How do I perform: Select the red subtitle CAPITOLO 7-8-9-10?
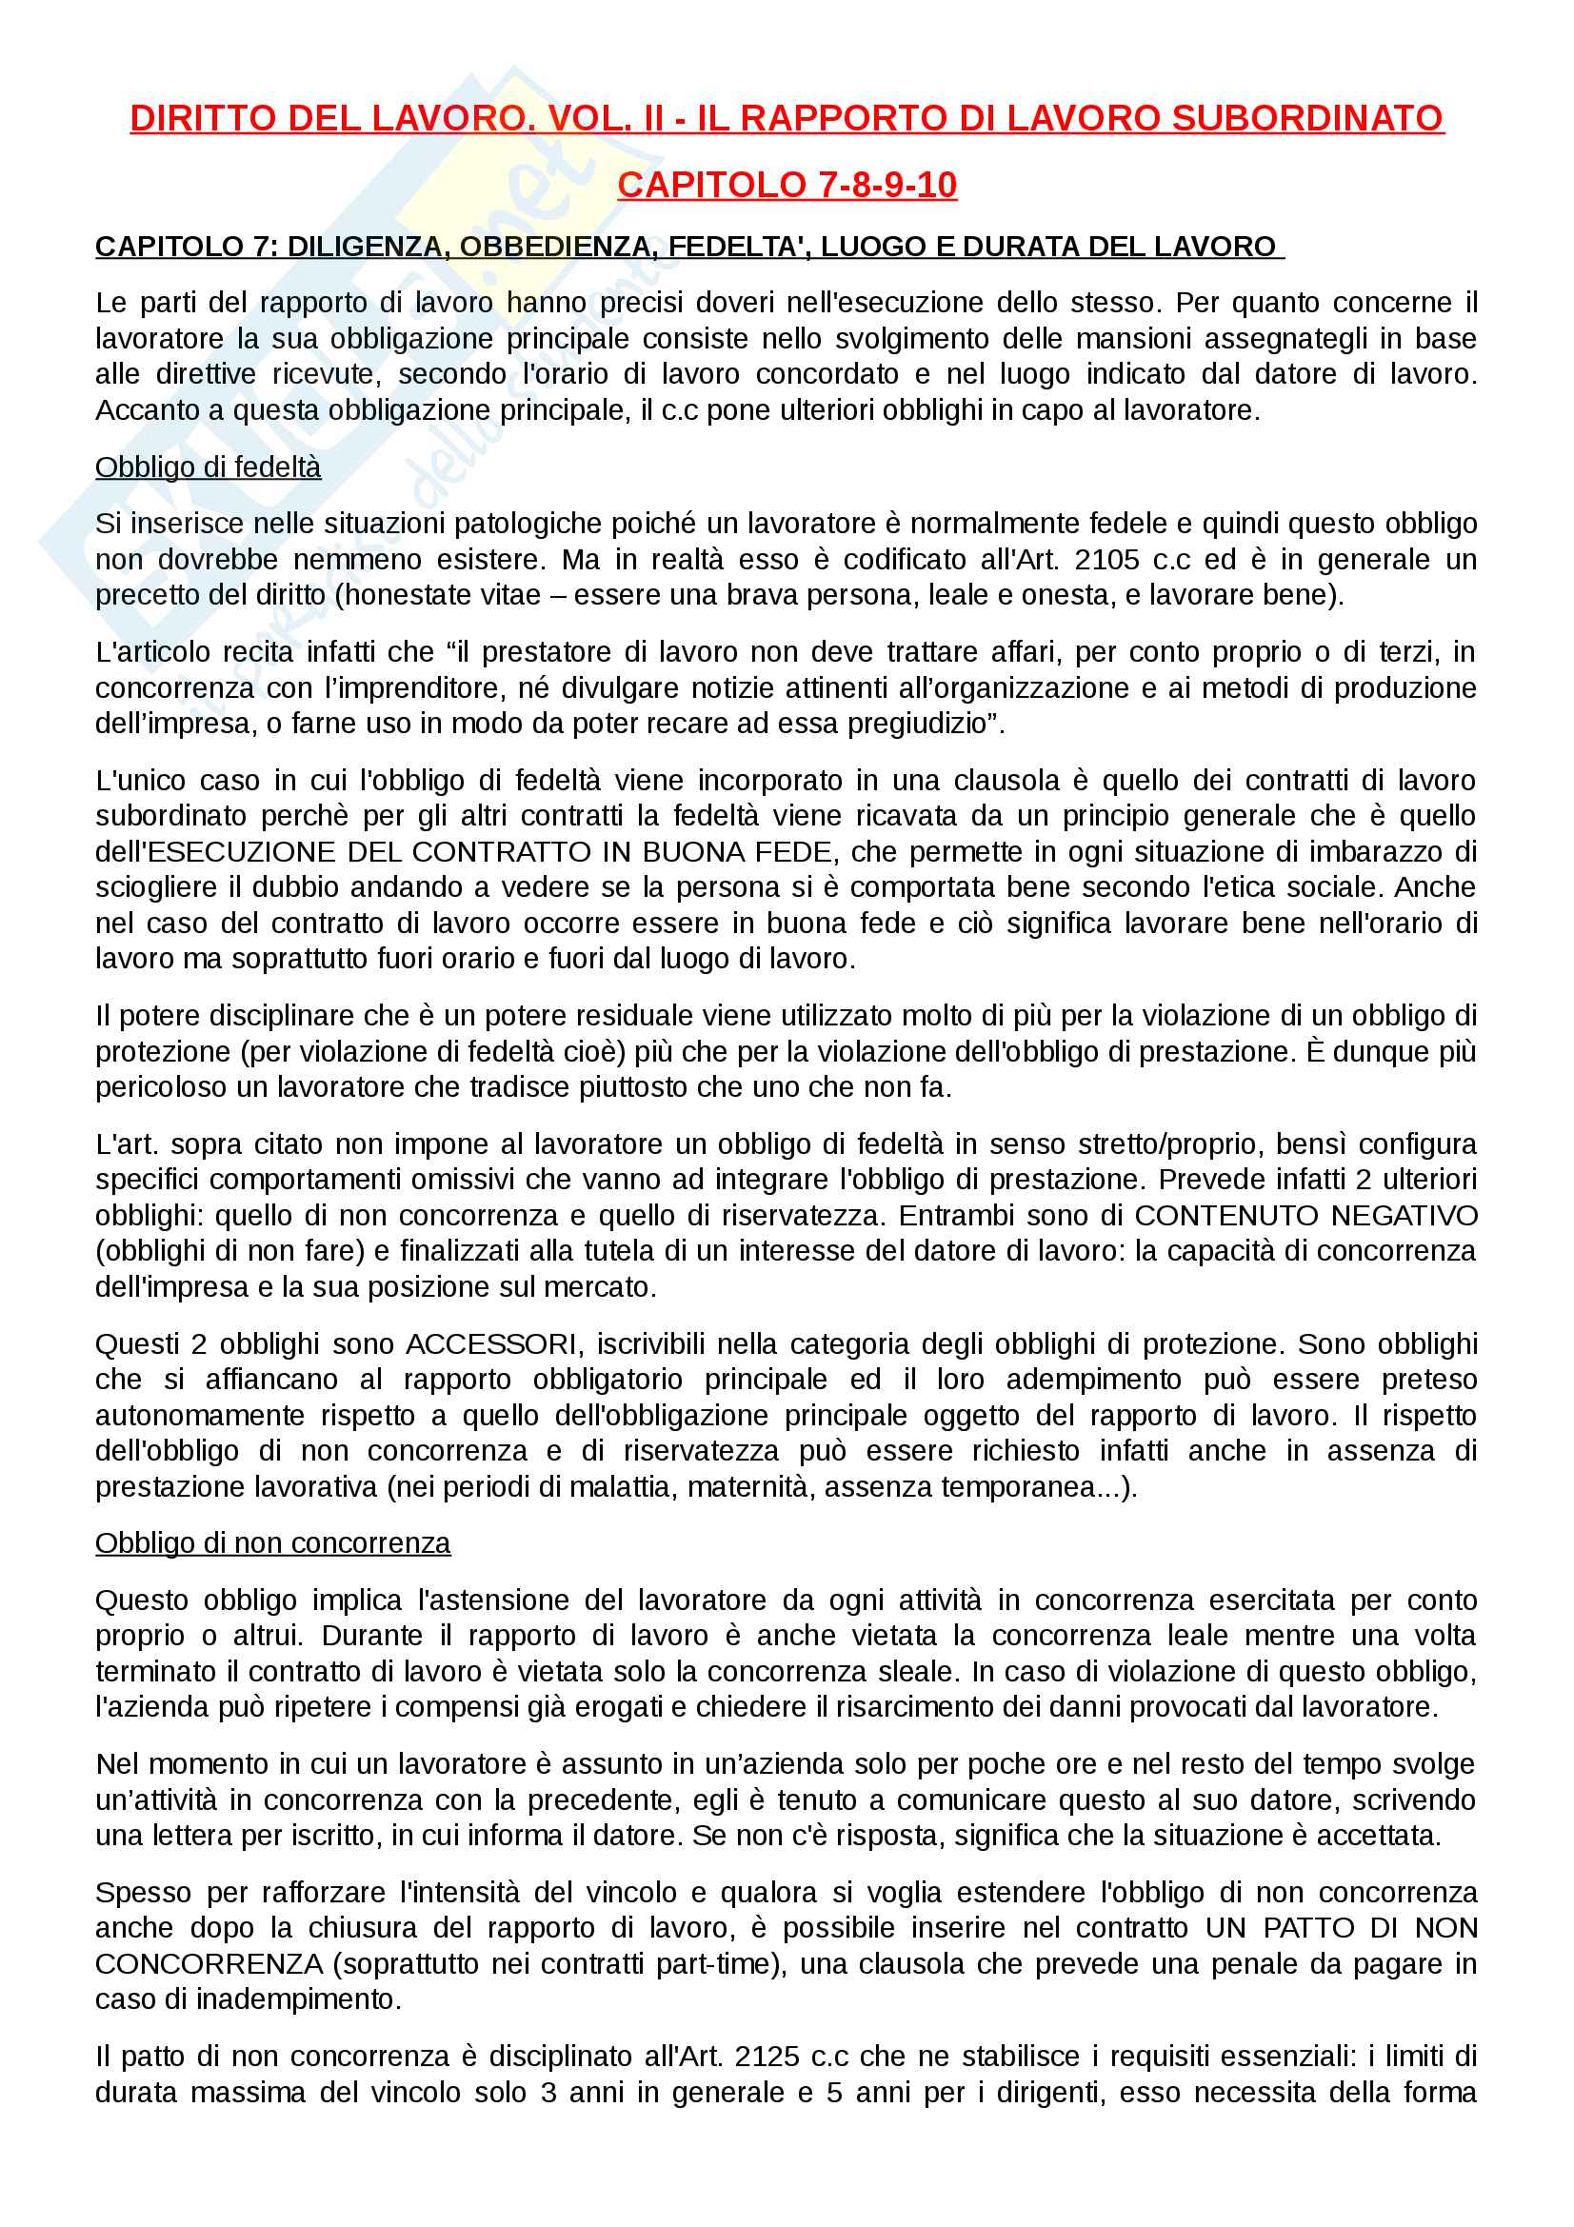pyautogui.click(x=787, y=185)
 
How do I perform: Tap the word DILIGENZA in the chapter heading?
pyautogui.click(x=368, y=247)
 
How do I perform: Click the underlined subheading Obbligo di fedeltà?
pyautogui.click(x=208, y=467)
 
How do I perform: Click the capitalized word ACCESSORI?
pyautogui.click(x=491, y=1343)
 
